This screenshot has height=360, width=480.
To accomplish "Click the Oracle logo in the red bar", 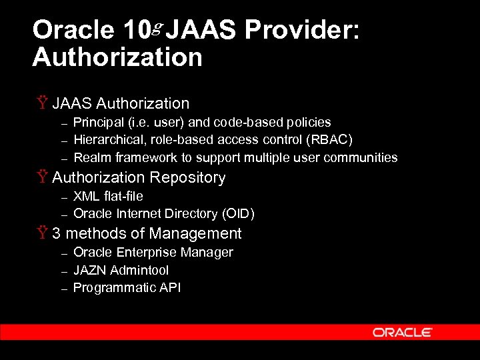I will click(x=403, y=332).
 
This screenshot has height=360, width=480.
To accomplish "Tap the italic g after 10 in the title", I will click(x=157, y=27).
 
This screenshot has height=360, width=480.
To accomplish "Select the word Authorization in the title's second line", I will click(x=117, y=57).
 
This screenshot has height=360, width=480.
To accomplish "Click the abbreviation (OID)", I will click(x=239, y=214).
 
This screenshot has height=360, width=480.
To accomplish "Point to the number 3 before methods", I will click(x=57, y=234).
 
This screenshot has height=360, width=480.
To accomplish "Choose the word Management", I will click(x=195, y=234).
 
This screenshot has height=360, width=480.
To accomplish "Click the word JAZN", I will click(x=90, y=271).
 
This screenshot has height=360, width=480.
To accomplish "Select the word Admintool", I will click(x=139, y=271).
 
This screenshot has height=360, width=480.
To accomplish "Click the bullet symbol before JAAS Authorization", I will click(x=43, y=103).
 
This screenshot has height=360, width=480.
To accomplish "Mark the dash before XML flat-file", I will click(x=64, y=197).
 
